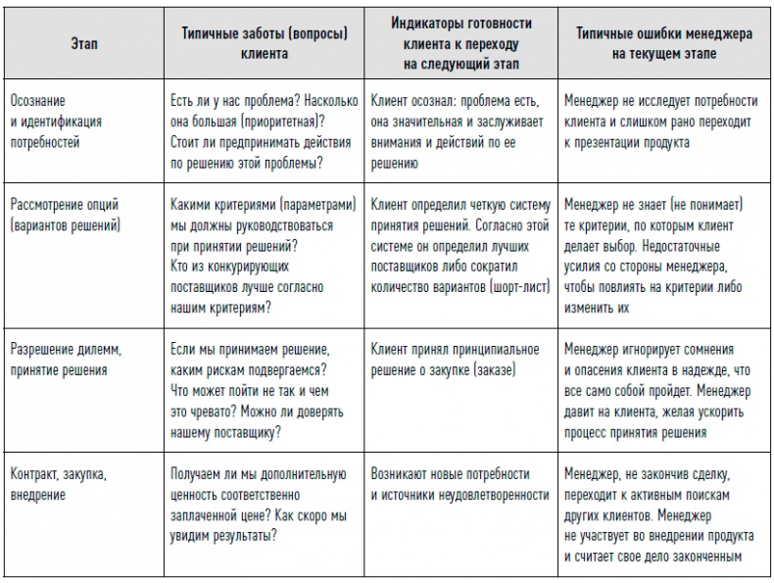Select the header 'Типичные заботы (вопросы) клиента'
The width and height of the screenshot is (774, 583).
tap(265, 44)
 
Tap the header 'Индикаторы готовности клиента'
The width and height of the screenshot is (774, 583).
tap(460, 45)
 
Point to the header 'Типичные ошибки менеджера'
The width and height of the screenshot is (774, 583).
tap(663, 44)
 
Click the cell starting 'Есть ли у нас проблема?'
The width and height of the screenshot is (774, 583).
tap(263, 131)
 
